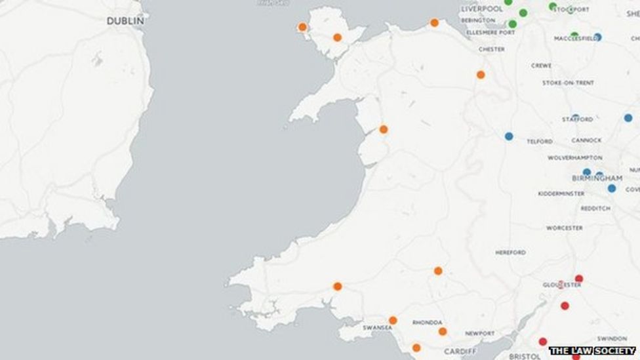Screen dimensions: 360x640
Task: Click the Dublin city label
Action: click(125, 21)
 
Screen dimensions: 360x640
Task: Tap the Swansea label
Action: click(377, 327)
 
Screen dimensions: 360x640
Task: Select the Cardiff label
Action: click(460, 351)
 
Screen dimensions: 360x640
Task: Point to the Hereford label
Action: click(511, 252)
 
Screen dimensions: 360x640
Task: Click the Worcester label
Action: click(564, 228)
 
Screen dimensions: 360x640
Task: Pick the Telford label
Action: click(539, 141)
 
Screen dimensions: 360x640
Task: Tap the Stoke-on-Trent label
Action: click(568, 83)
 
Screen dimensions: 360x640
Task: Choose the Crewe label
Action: click(541, 66)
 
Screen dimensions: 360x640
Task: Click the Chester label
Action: click(491, 49)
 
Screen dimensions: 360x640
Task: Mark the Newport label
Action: click(480, 333)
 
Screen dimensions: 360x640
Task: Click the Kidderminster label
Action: click(561, 193)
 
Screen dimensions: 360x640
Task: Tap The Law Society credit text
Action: click(592, 351)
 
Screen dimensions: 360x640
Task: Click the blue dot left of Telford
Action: click(509, 136)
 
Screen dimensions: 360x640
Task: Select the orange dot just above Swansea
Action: click(393, 321)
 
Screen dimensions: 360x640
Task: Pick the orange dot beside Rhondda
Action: click(443, 332)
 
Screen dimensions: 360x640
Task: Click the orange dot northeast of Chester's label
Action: click(481, 75)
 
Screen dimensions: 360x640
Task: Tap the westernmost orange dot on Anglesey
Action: click(302, 27)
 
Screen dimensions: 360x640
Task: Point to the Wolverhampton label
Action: click(574, 158)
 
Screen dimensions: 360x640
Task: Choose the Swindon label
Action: click(612, 338)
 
